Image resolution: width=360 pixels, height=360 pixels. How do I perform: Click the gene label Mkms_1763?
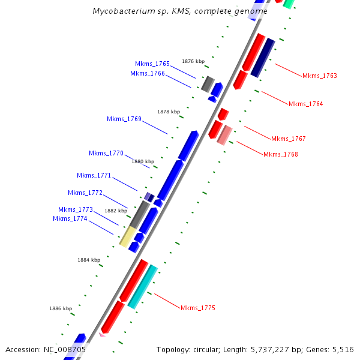pyautogui.click(x=319, y=76)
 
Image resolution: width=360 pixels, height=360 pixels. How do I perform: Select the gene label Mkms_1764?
pyautogui.click(x=305, y=104)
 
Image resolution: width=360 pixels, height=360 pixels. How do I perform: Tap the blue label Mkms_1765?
pyautogui.click(x=152, y=64)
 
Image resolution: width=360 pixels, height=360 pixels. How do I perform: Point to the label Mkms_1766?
pyautogui.click(x=148, y=74)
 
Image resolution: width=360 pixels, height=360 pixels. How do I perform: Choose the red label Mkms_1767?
pyautogui.click(x=288, y=139)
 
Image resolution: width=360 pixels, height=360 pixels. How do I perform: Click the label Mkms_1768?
pyautogui.click(x=280, y=155)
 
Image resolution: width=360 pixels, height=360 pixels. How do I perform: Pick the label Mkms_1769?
pyautogui.click(x=124, y=119)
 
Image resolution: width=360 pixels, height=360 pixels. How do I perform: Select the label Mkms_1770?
pyautogui.click(x=106, y=154)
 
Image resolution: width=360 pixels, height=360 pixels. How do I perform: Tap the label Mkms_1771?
pyautogui.click(x=94, y=176)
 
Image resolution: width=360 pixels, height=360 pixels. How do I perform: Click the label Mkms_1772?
pyautogui.click(x=85, y=193)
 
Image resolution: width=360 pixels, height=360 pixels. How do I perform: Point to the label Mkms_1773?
pyautogui.click(x=76, y=210)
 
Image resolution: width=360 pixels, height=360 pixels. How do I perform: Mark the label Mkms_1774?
pyautogui.click(x=70, y=219)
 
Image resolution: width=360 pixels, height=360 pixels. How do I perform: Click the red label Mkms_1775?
pyautogui.click(x=197, y=308)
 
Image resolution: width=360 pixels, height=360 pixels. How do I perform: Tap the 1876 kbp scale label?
pyautogui.click(x=193, y=61)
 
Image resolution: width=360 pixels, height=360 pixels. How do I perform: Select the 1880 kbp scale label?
pyautogui.click(x=143, y=162)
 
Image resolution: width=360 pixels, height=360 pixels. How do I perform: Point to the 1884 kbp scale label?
pyautogui.click(x=89, y=260)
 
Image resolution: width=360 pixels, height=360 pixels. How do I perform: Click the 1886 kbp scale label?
pyautogui.click(x=61, y=308)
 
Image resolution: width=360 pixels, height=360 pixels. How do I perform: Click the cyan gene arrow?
pyautogui.click(x=143, y=286)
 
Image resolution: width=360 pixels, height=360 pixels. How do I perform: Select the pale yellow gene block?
pyautogui.click(x=127, y=236)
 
